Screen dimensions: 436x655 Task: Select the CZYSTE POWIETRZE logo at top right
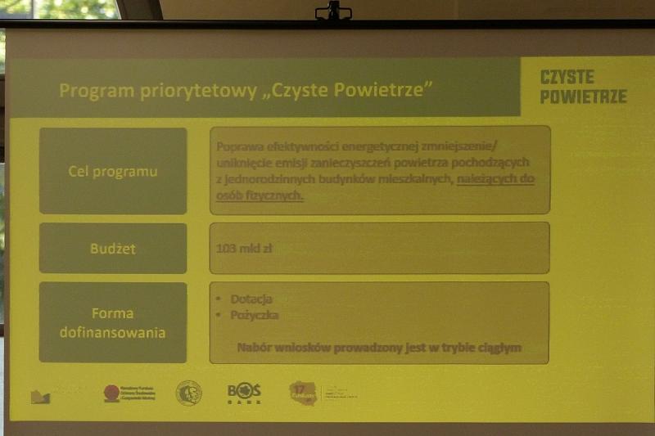(583, 86)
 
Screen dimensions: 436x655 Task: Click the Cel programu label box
(113, 171)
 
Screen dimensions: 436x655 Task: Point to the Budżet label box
(113, 248)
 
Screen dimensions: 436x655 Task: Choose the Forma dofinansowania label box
(113, 323)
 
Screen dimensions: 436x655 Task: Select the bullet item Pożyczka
(255, 315)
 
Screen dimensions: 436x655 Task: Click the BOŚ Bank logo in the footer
(244, 393)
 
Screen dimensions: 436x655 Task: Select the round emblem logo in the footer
(188, 393)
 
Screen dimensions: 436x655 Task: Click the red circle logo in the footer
(112, 393)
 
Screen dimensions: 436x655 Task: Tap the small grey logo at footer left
(40, 397)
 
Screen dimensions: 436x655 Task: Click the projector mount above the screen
(333, 11)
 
